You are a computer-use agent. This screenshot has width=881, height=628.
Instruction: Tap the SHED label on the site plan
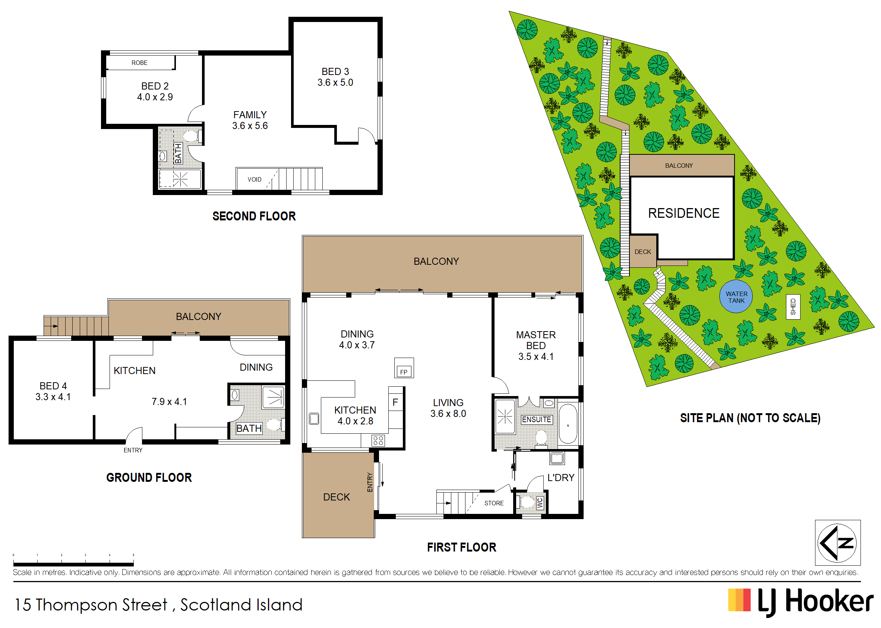[x=793, y=307]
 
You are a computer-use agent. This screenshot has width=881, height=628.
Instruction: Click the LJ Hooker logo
[x=800, y=602]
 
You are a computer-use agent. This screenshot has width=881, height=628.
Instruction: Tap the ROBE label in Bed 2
[x=139, y=63]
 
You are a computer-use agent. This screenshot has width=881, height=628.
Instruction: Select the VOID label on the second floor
[x=254, y=179]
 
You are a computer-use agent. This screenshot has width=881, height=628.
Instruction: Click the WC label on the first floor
[x=540, y=503]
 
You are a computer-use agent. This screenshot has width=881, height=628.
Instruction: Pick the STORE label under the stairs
[x=494, y=503]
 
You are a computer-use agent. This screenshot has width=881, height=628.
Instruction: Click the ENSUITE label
[x=536, y=420]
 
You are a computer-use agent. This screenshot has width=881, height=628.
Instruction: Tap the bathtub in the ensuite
[x=568, y=424]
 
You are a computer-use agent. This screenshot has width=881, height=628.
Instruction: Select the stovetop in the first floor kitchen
[x=378, y=440]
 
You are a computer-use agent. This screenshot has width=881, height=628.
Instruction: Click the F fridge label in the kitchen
[x=395, y=402]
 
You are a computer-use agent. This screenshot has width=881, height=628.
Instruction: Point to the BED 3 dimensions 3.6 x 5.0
[x=335, y=82]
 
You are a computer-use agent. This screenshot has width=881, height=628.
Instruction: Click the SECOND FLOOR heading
[x=254, y=216]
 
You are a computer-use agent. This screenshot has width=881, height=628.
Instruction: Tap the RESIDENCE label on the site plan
[x=683, y=213]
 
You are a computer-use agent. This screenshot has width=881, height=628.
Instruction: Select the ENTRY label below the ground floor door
[x=133, y=450]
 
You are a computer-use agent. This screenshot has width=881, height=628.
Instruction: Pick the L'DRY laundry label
[x=561, y=478]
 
